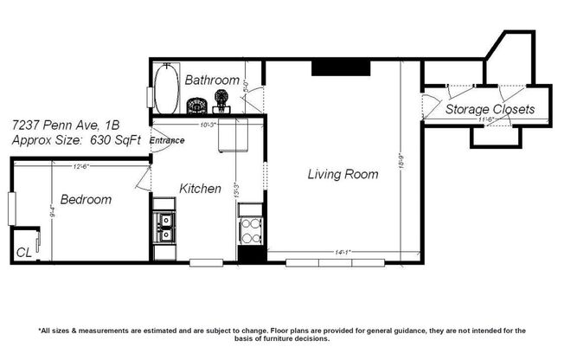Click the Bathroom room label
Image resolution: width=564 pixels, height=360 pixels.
(x=211, y=80)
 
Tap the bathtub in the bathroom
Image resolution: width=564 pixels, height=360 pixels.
(x=164, y=88)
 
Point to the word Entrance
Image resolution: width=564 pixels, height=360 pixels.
(x=166, y=140)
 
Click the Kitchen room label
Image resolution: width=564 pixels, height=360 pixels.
(x=200, y=188)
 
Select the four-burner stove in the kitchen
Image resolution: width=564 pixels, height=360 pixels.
(x=250, y=230)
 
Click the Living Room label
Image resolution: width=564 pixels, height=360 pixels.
(x=343, y=174)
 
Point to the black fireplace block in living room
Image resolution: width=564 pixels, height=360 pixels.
(x=341, y=67)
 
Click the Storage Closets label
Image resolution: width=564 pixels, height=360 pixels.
(x=490, y=110)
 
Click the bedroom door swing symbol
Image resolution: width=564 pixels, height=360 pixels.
(x=143, y=180)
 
